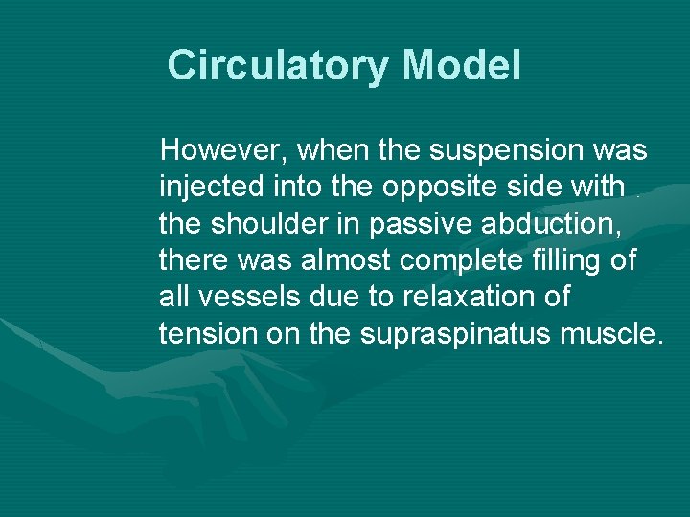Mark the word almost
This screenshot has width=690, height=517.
pos(341,259)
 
